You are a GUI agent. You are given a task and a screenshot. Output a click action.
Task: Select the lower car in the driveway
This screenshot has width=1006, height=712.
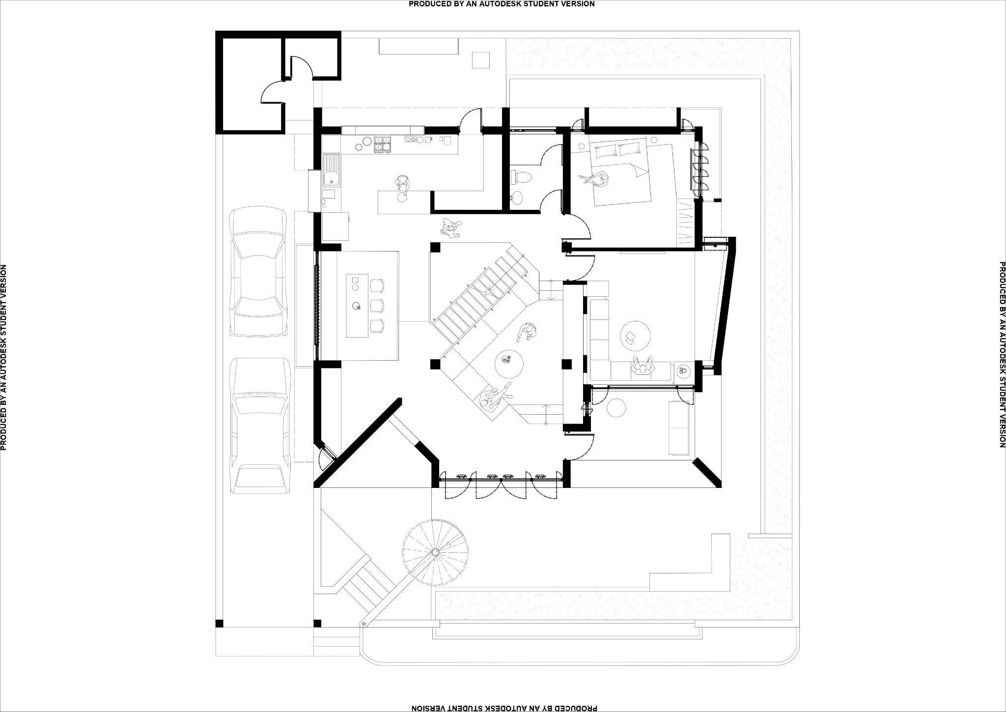(x=259, y=425)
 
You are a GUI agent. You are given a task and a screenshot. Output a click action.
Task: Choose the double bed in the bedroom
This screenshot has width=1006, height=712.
(x=621, y=172)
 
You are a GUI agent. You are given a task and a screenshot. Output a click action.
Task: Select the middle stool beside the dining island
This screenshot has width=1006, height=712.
(x=377, y=305)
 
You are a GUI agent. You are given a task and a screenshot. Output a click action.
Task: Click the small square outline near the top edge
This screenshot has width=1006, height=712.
(x=480, y=59)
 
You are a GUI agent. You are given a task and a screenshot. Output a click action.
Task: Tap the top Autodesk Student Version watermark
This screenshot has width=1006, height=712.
(x=502, y=4)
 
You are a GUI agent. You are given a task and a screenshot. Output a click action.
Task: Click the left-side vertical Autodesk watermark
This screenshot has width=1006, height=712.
(x=4, y=357)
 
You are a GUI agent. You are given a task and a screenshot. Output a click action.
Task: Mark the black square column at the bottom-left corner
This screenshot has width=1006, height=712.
(x=219, y=624)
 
